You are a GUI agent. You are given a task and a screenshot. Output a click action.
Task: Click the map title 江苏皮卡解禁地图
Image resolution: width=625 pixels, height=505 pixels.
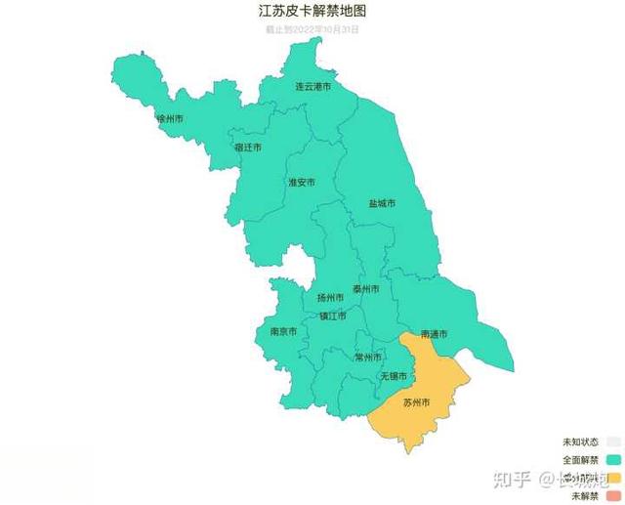tap(312, 12)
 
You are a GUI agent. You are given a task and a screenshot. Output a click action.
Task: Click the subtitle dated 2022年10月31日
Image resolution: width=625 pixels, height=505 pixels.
tap(312, 29)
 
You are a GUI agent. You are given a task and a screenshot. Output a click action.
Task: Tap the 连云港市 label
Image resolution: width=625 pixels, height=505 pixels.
tap(312, 87)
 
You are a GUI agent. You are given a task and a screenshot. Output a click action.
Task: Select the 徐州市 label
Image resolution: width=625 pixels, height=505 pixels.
tap(170, 119)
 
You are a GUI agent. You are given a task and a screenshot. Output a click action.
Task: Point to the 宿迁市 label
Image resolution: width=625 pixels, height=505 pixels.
tap(248, 147)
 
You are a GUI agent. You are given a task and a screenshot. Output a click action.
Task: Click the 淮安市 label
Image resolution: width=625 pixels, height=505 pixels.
tap(301, 183)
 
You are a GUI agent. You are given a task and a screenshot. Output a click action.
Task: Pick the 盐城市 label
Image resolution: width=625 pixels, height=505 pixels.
tap(382, 204)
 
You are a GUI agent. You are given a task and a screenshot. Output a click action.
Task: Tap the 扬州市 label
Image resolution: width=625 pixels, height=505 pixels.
tap(330, 297)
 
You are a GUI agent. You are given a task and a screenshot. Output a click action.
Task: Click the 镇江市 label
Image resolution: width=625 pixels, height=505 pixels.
tap(332, 316)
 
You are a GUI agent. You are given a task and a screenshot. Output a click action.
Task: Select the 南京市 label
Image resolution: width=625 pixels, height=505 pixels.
tap(283, 332)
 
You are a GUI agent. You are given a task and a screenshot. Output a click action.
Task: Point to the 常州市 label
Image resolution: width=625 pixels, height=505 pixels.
tap(368, 358)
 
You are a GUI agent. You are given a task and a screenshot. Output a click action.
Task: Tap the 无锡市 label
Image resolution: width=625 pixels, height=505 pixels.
tap(393, 376)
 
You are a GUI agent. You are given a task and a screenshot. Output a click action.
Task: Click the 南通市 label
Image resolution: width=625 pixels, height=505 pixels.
tap(434, 335)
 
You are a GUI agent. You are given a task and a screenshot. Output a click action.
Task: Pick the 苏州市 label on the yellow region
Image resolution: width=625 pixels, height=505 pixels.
tap(416, 402)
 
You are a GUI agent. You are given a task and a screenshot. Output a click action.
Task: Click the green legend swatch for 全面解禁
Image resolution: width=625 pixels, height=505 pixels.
tap(613, 460)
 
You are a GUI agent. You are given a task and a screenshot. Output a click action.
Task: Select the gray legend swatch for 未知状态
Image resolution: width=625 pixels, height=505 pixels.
tap(613, 442)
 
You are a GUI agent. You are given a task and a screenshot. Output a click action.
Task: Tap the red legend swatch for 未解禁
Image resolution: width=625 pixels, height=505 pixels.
tap(613, 497)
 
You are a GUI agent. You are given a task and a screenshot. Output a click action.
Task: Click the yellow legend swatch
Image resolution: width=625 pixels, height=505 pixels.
tap(613, 479)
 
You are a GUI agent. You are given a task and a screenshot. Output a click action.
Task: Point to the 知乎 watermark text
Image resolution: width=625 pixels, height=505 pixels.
tap(513, 479)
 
